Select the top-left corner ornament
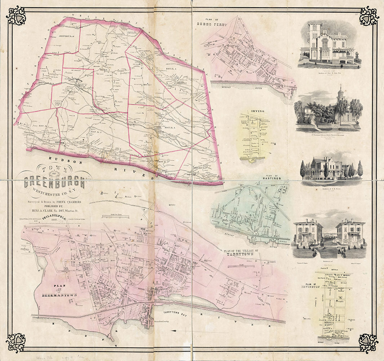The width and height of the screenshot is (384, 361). [16, 16]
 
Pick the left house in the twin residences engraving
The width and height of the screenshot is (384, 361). [308, 233]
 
